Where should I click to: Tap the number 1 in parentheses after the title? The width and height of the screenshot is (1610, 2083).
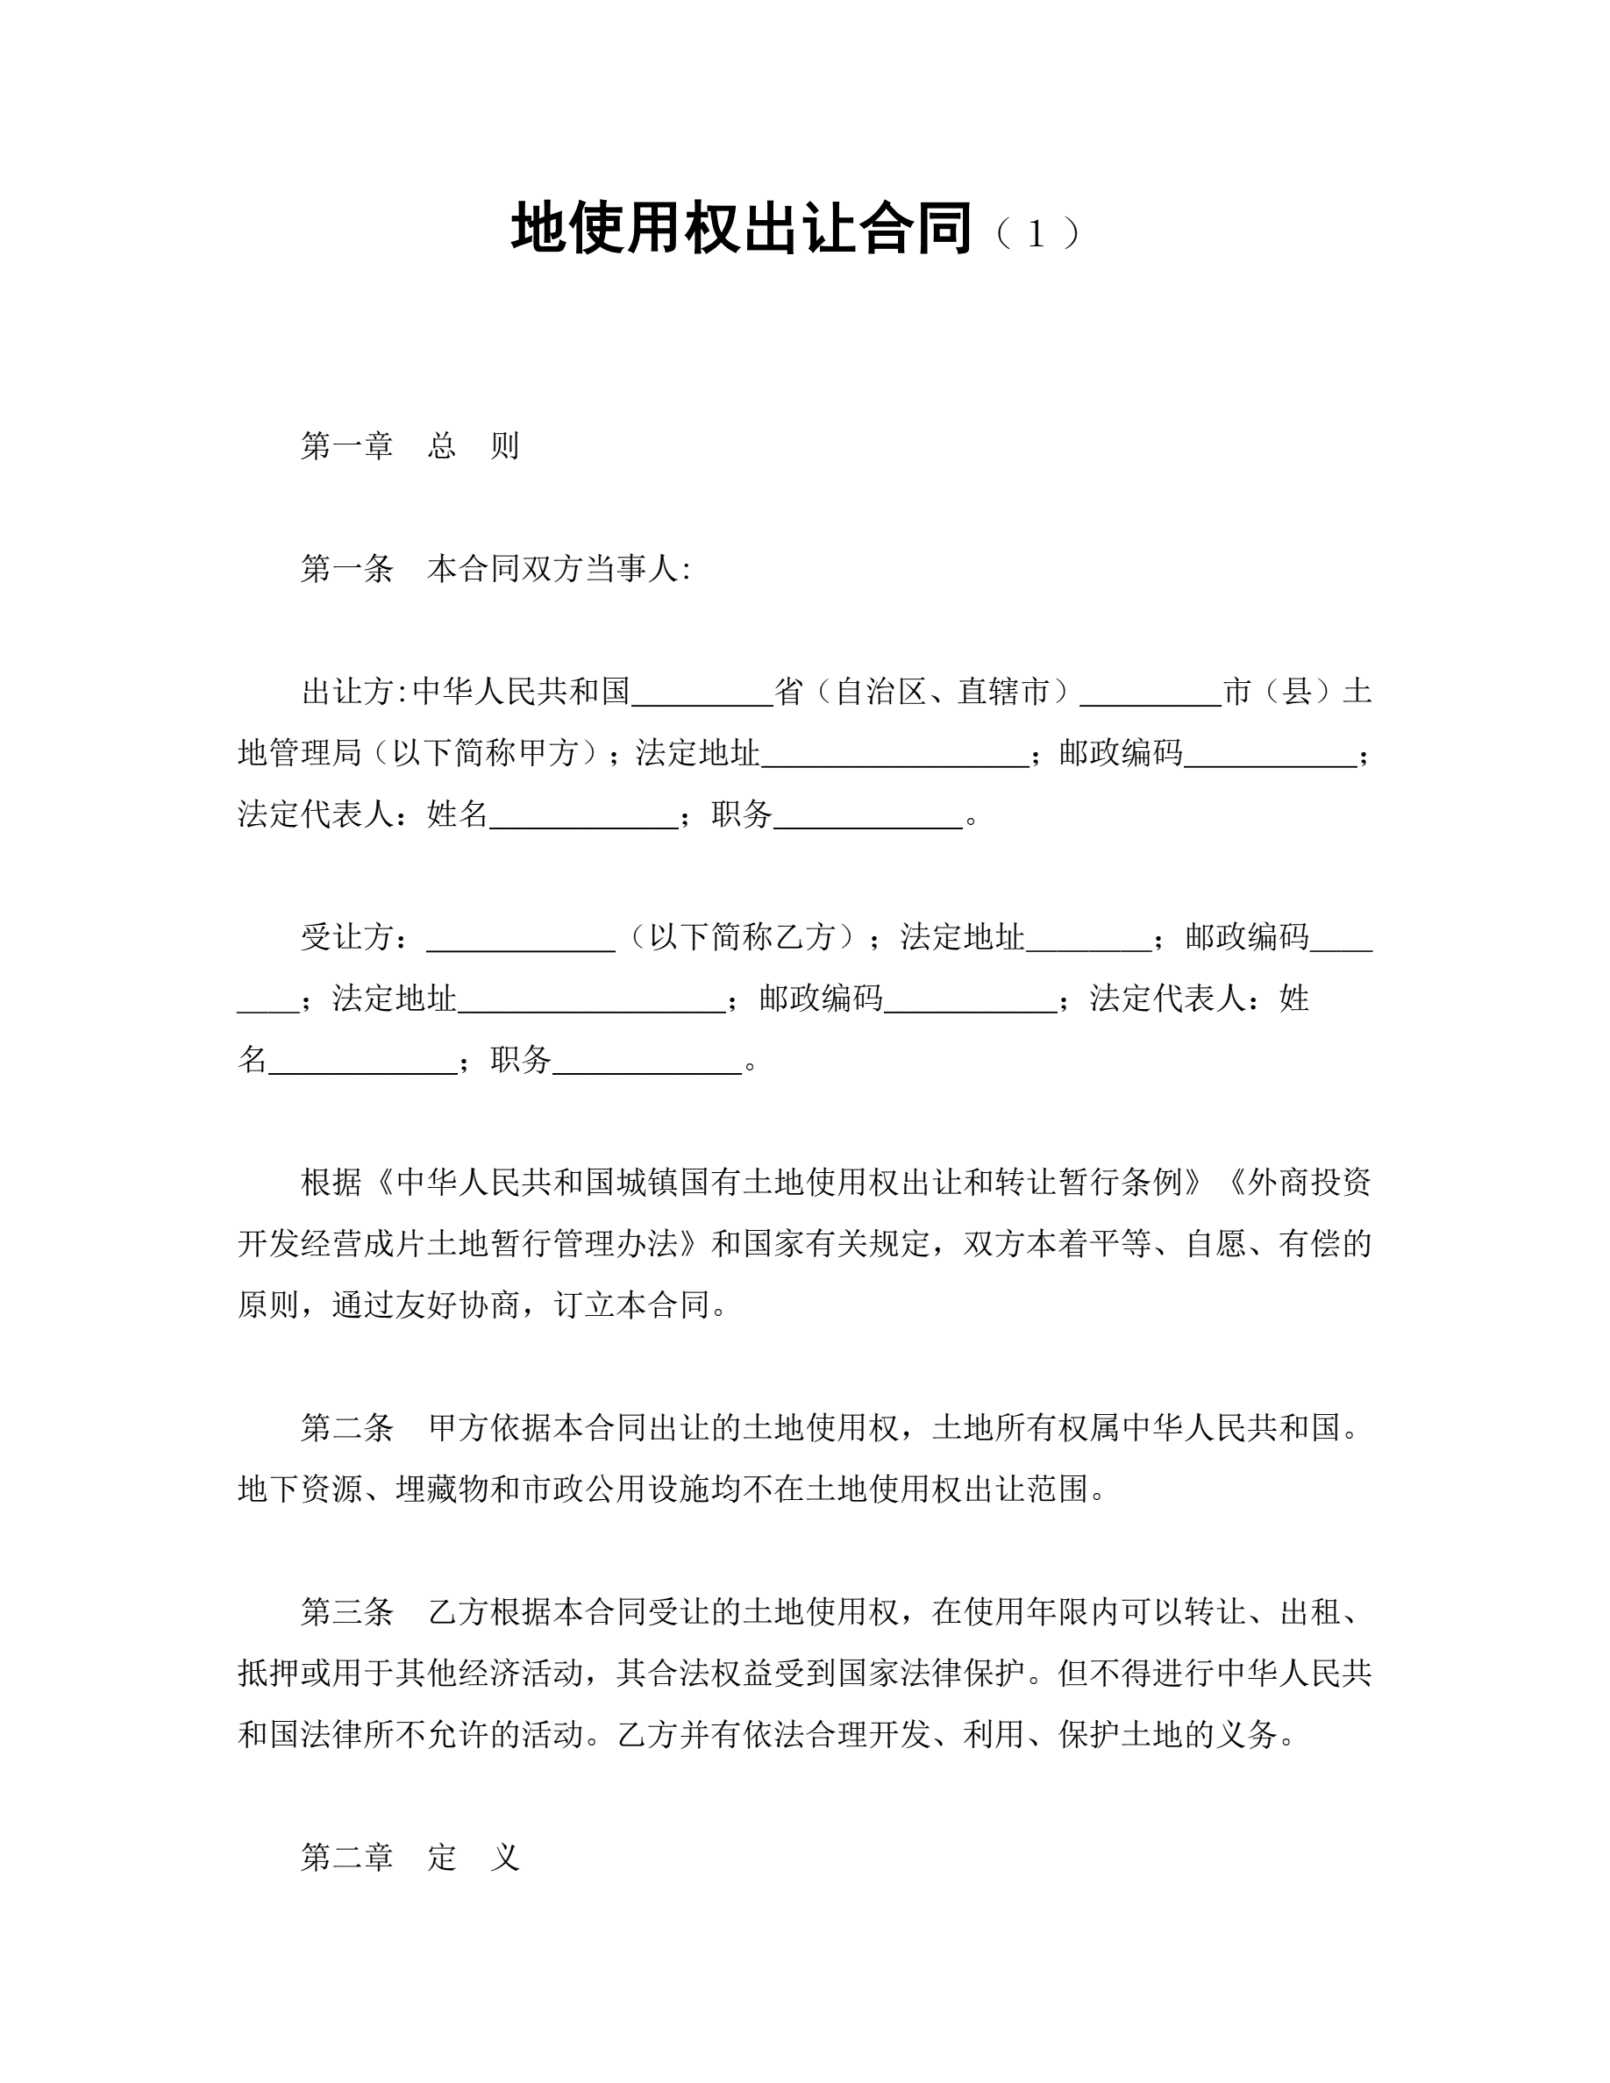1036,235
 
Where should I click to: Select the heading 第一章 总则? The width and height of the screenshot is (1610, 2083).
410,446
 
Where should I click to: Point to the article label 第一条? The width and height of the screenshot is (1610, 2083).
347,569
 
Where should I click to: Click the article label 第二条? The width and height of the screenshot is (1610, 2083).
347,1428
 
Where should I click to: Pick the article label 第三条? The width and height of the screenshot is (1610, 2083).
347,1612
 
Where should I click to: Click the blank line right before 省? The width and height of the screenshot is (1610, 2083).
702,696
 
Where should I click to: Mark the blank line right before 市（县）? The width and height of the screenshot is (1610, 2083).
1151,696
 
